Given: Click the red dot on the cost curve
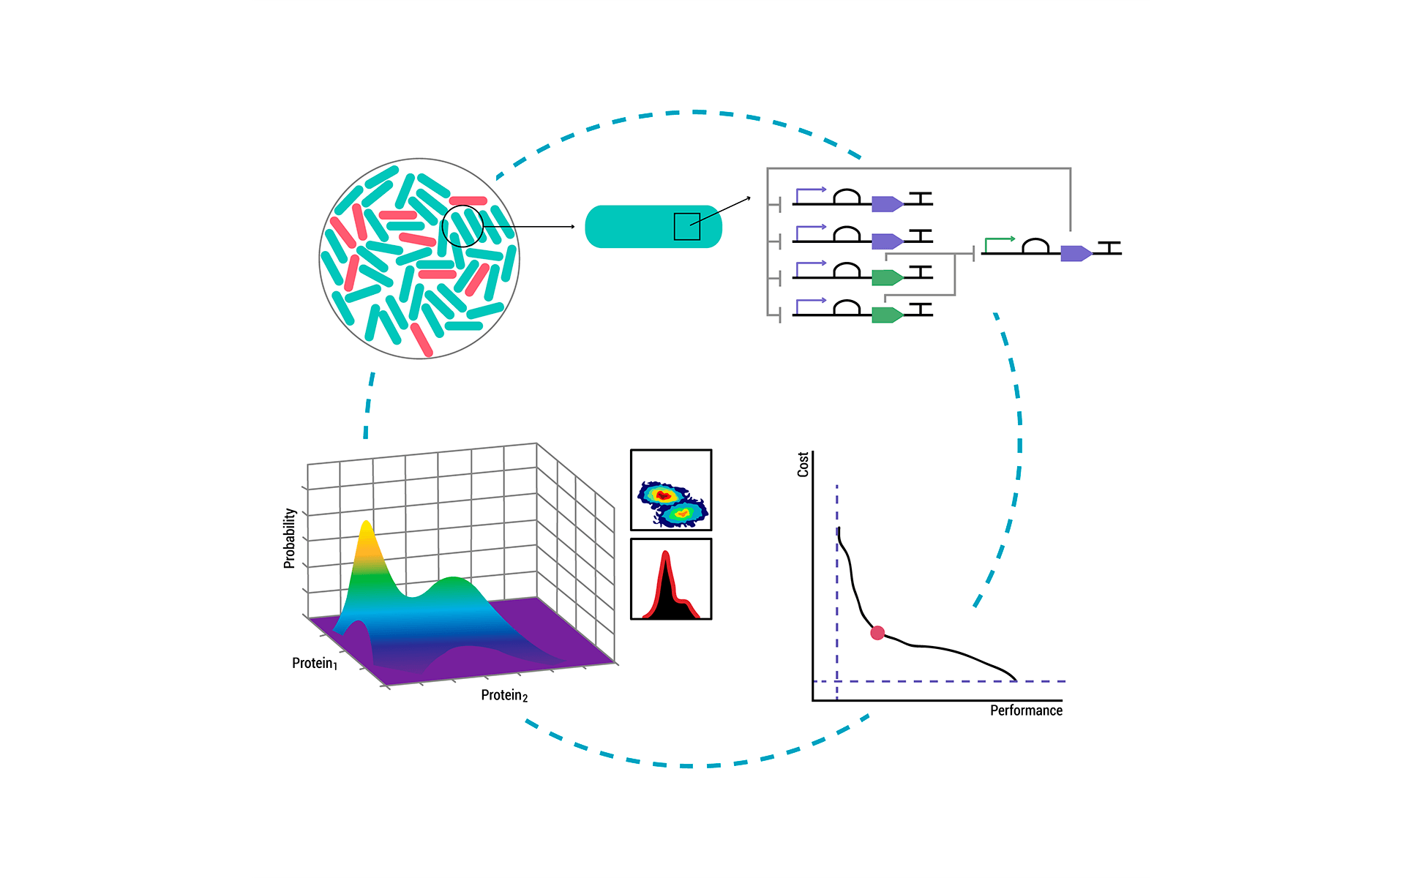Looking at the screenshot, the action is pyautogui.click(x=877, y=633).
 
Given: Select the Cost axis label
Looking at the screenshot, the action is pyautogui.click(x=803, y=465).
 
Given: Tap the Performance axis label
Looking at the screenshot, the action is pyautogui.click(x=1026, y=710).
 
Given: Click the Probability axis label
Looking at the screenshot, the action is pyautogui.click(x=290, y=539).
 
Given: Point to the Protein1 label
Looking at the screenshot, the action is pyautogui.click(x=315, y=664).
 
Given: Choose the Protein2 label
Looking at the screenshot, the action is pyautogui.click(x=504, y=695).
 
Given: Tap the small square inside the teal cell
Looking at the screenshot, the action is pyautogui.click(x=687, y=227).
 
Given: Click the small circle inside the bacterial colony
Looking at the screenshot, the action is pyautogui.click(x=462, y=226).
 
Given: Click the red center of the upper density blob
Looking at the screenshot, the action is pyautogui.click(x=664, y=496).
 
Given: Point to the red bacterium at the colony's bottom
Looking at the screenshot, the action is pyautogui.click(x=421, y=339).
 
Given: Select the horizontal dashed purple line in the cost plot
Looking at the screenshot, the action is pyautogui.click(x=940, y=681).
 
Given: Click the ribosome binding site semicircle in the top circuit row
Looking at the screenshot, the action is pyautogui.click(x=847, y=197).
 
